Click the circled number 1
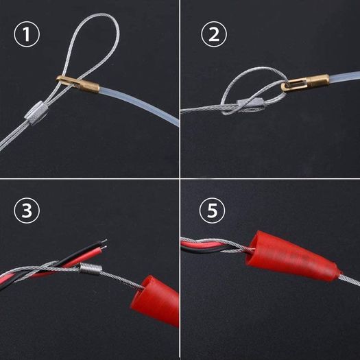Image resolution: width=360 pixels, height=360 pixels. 27,34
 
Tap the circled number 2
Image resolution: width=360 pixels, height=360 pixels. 214,34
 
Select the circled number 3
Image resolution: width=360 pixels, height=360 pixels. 27,211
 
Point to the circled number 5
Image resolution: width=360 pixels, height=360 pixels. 212,211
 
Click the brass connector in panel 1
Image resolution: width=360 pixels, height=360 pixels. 78,83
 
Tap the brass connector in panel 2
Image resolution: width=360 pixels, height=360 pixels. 305,82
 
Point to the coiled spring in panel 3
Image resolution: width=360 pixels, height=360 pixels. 91,269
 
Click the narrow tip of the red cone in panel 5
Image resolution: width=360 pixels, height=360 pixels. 339,274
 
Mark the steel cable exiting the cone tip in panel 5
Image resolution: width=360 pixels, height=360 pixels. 350,280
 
